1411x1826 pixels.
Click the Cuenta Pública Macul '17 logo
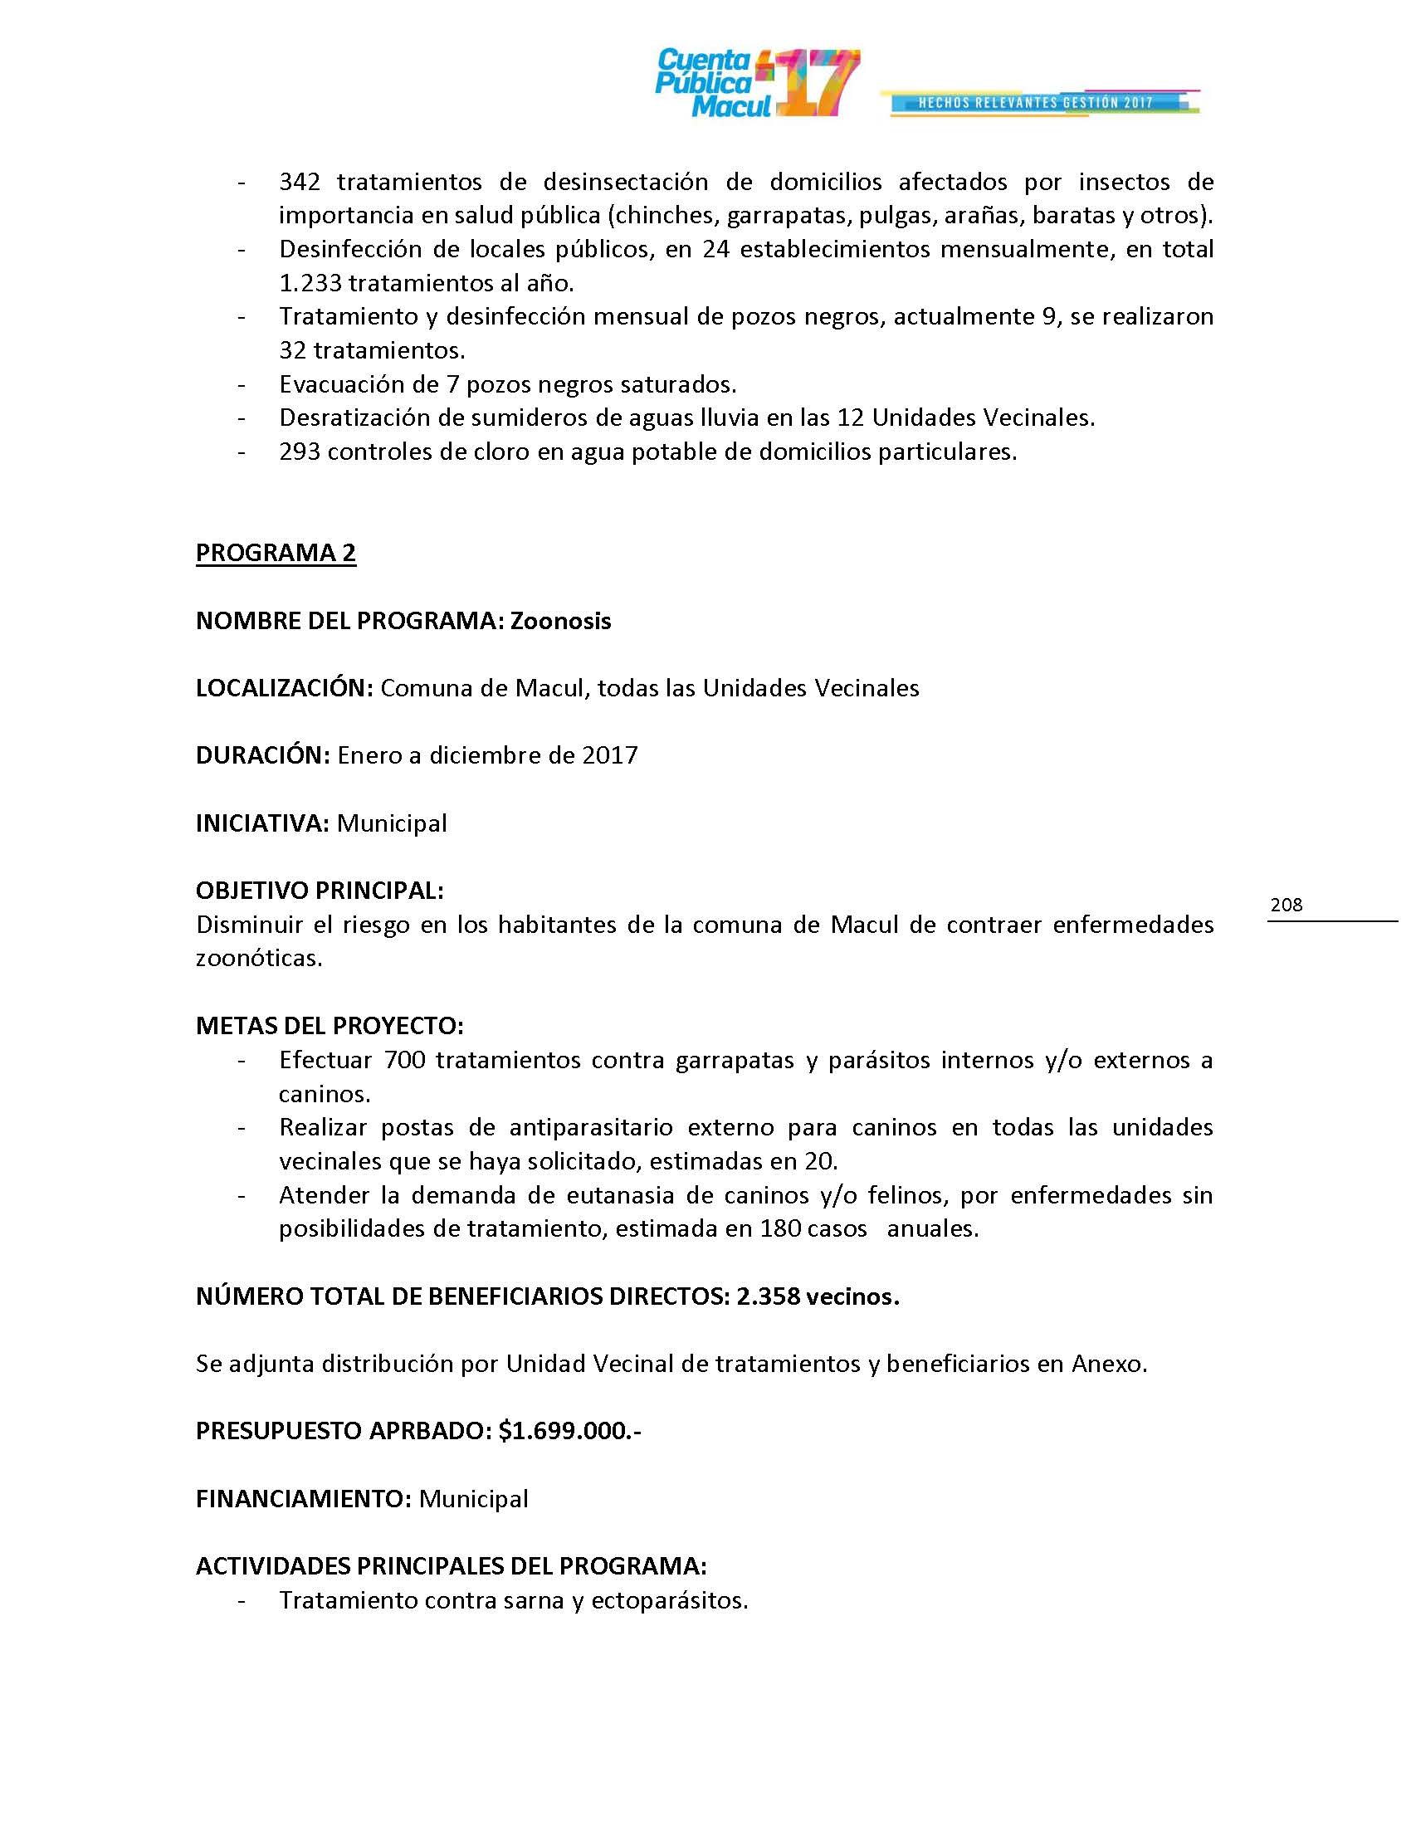point(756,83)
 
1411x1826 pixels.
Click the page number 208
point(1286,905)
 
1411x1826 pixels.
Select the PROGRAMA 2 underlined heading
point(276,553)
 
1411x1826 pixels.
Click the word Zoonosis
point(561,620)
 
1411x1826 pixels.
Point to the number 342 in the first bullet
point(300,182)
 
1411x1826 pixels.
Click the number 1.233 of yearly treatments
point(310,282)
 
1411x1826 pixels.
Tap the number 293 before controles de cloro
point(300,452)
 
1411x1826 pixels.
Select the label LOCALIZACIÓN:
point(284,687)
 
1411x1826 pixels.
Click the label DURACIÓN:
point(263,755)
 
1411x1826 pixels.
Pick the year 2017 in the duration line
point(610,755)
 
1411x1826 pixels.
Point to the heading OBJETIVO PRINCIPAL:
point(320,891)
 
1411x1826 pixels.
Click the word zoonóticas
point(258,958)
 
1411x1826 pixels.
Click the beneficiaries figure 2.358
point(768,1296)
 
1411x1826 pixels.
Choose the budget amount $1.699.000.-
point(570,1431)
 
